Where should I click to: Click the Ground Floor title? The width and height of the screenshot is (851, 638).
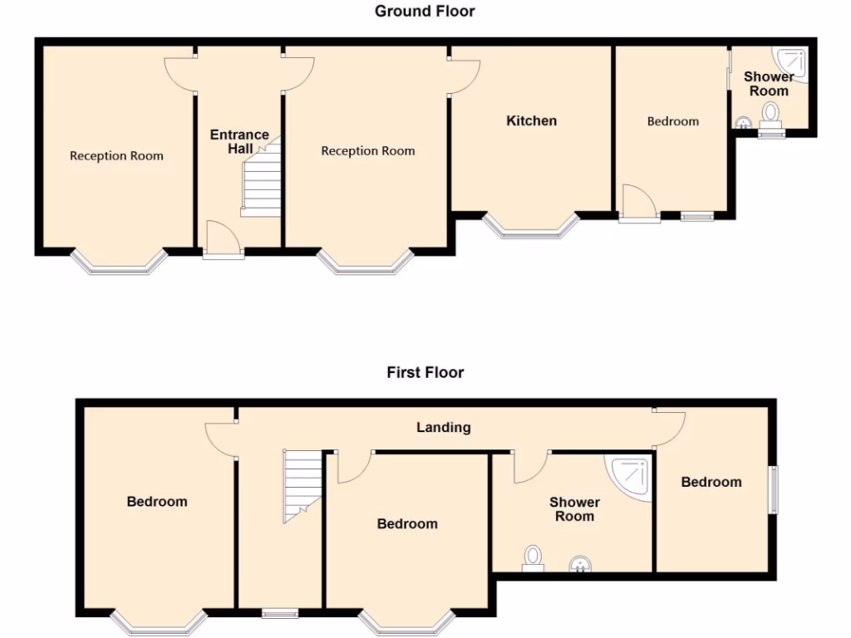click(x=425, y=11)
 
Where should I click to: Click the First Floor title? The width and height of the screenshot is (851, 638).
click(x=425, y=372)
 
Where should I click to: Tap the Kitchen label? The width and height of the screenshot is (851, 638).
click(x=532, y=120)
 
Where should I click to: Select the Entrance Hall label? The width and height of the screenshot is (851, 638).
click(x=239, y=141)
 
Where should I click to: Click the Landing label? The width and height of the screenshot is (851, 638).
click(x=443, y=427)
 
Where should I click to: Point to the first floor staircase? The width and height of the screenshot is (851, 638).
click(x=303, y=485)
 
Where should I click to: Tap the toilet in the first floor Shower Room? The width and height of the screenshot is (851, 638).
click(x=532, y=557)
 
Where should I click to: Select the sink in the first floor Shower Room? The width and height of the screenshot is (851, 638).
click(x=581, y=565)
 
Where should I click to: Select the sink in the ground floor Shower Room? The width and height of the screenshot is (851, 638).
click(x=742, y=122)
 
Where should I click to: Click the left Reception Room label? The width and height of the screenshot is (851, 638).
click(x=116, y=155)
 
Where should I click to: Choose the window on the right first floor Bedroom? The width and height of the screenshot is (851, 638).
click(x=773, y=490)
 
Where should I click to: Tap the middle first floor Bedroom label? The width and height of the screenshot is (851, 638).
click(x=407, y=523)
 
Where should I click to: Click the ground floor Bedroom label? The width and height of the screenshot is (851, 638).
click(x=673, y=121)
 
